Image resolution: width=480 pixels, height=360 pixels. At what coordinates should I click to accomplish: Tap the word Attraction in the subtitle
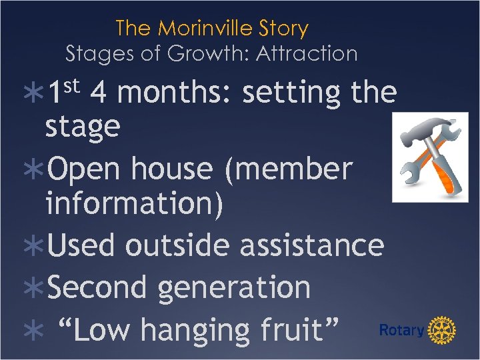[x=303, y=53]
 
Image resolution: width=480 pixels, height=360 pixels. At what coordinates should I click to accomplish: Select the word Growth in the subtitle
[x=199, y=53]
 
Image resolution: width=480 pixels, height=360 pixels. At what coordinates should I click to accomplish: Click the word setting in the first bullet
[x=291, y=93]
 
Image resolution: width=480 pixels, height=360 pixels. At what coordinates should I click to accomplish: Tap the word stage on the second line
[x=83, y=127]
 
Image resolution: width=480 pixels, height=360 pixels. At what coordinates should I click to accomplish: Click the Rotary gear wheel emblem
[x=441, y=330]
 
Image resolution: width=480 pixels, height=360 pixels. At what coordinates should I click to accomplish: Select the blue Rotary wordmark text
[x=401, y=331]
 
